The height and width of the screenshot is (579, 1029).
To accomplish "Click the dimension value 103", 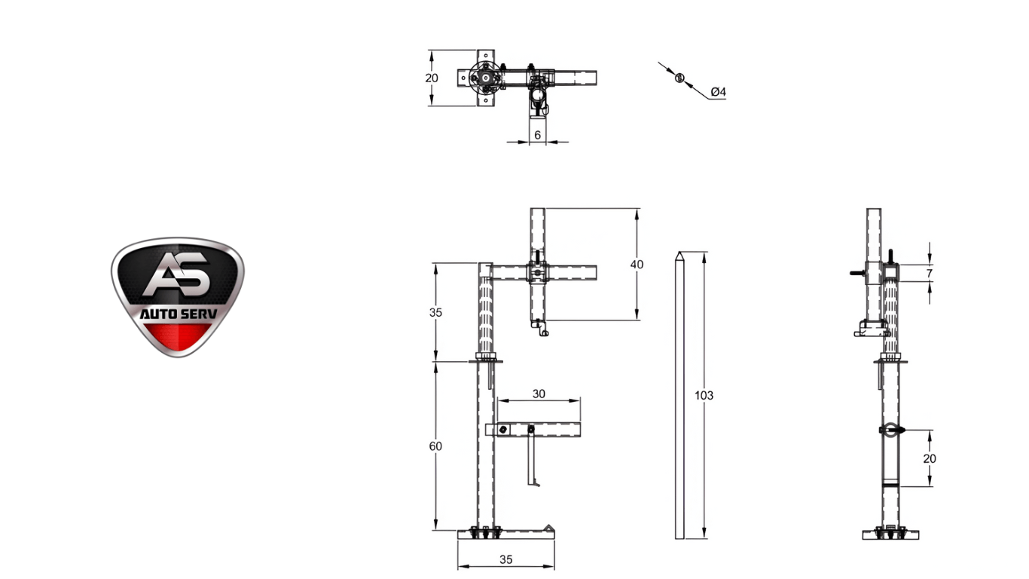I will tap(704, 396).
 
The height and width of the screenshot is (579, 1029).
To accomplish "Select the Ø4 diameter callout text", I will tap(718, 92).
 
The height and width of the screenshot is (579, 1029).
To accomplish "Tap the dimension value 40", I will tap(637, 265).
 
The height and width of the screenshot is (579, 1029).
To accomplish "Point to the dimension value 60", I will tap(435, 446).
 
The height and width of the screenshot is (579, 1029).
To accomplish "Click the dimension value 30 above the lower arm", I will tap(539, 394).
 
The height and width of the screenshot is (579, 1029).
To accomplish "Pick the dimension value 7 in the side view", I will tap(929, 273).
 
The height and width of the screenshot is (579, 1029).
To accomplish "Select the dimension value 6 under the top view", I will tap(537, 134).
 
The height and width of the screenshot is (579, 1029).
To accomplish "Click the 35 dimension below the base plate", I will tap(505, 559).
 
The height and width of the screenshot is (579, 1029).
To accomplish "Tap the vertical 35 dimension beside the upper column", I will tap(435, 312).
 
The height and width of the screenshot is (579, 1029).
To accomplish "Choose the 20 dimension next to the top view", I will tap(431, 78).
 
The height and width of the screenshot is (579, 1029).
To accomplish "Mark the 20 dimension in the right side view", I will tap(929, 458).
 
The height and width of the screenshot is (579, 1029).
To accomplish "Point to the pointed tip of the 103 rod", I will tap(679, 254).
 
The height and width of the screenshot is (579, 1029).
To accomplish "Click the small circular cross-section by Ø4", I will tap(679, 78).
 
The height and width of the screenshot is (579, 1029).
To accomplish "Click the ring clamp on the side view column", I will tap(890, 430).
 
